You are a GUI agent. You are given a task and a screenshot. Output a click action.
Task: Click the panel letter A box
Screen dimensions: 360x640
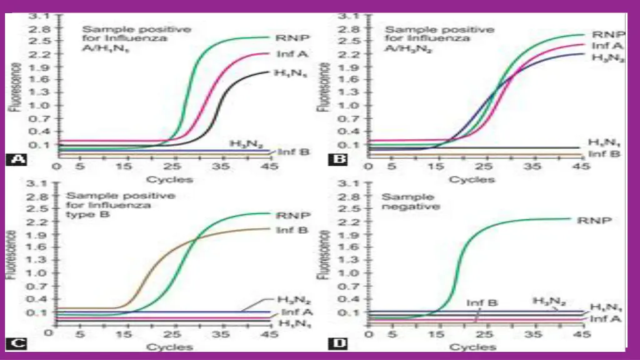coord(17,159)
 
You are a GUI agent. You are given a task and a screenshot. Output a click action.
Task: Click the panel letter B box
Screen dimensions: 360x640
coord(337,159)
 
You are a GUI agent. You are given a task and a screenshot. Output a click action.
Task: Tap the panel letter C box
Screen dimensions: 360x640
coord(17,342)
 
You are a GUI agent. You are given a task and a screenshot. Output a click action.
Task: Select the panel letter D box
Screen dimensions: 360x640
coord(337,342)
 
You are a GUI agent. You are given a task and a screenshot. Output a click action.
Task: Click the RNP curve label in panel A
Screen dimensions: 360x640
coord(286,37)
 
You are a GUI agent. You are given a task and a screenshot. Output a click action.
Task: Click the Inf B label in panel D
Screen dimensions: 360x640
coord(482,302)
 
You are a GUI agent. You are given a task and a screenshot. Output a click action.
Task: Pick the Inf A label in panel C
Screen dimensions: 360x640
coord(292,312)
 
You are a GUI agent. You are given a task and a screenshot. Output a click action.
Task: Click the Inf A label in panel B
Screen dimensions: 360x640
coord(606,45)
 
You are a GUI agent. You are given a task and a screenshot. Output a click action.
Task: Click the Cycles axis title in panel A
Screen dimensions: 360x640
coord(172,179)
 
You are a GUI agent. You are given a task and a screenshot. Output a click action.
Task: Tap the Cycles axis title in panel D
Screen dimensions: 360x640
coord(473,347)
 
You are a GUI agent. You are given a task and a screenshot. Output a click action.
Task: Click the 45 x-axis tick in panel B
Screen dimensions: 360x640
coord(581,167)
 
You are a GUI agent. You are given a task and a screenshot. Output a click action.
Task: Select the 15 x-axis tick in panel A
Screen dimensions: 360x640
coord(127,167)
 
